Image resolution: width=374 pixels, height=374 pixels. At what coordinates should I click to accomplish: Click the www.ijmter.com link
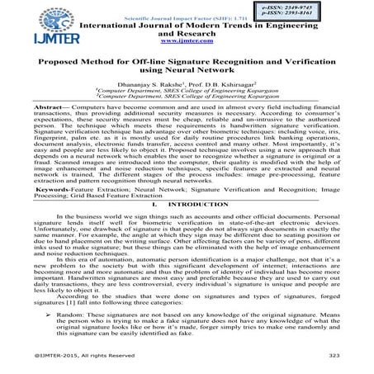pos(187,40)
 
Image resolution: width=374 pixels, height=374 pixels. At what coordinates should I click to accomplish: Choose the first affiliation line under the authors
pos(187,91)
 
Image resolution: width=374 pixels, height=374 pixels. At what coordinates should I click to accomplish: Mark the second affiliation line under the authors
pos(187,97)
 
